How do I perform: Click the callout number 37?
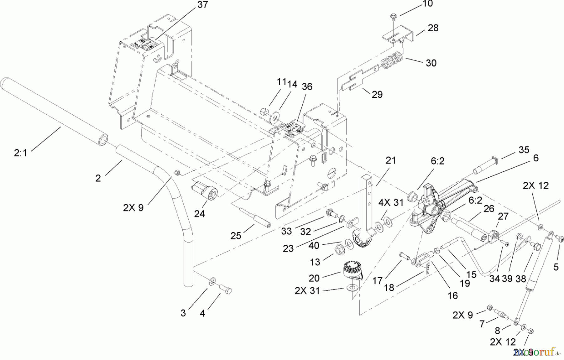pyautogui.click(x=203, y=5)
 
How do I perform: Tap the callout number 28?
pyautogui.click(x=433, y=28)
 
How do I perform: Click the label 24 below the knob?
pyautogui.click(x=199, y=214)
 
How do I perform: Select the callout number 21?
pyautogui.click(x=390, y=160)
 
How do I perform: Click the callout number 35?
pyautogui.click(x=524, y=150)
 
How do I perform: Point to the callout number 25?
pyautogui.click(x=236, y=236)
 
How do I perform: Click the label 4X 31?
pyautogui.click(x=390, y=203)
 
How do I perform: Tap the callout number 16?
pyautogui.click(x=452, y=295)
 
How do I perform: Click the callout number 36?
pyautogui.click(x=307, y=87)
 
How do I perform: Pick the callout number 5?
pyautogui.click(x=556, y=267)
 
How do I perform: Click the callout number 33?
pyautogui.click(x=286, y=231)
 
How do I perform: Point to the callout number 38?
pyautogui.click(x=520, y=279)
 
